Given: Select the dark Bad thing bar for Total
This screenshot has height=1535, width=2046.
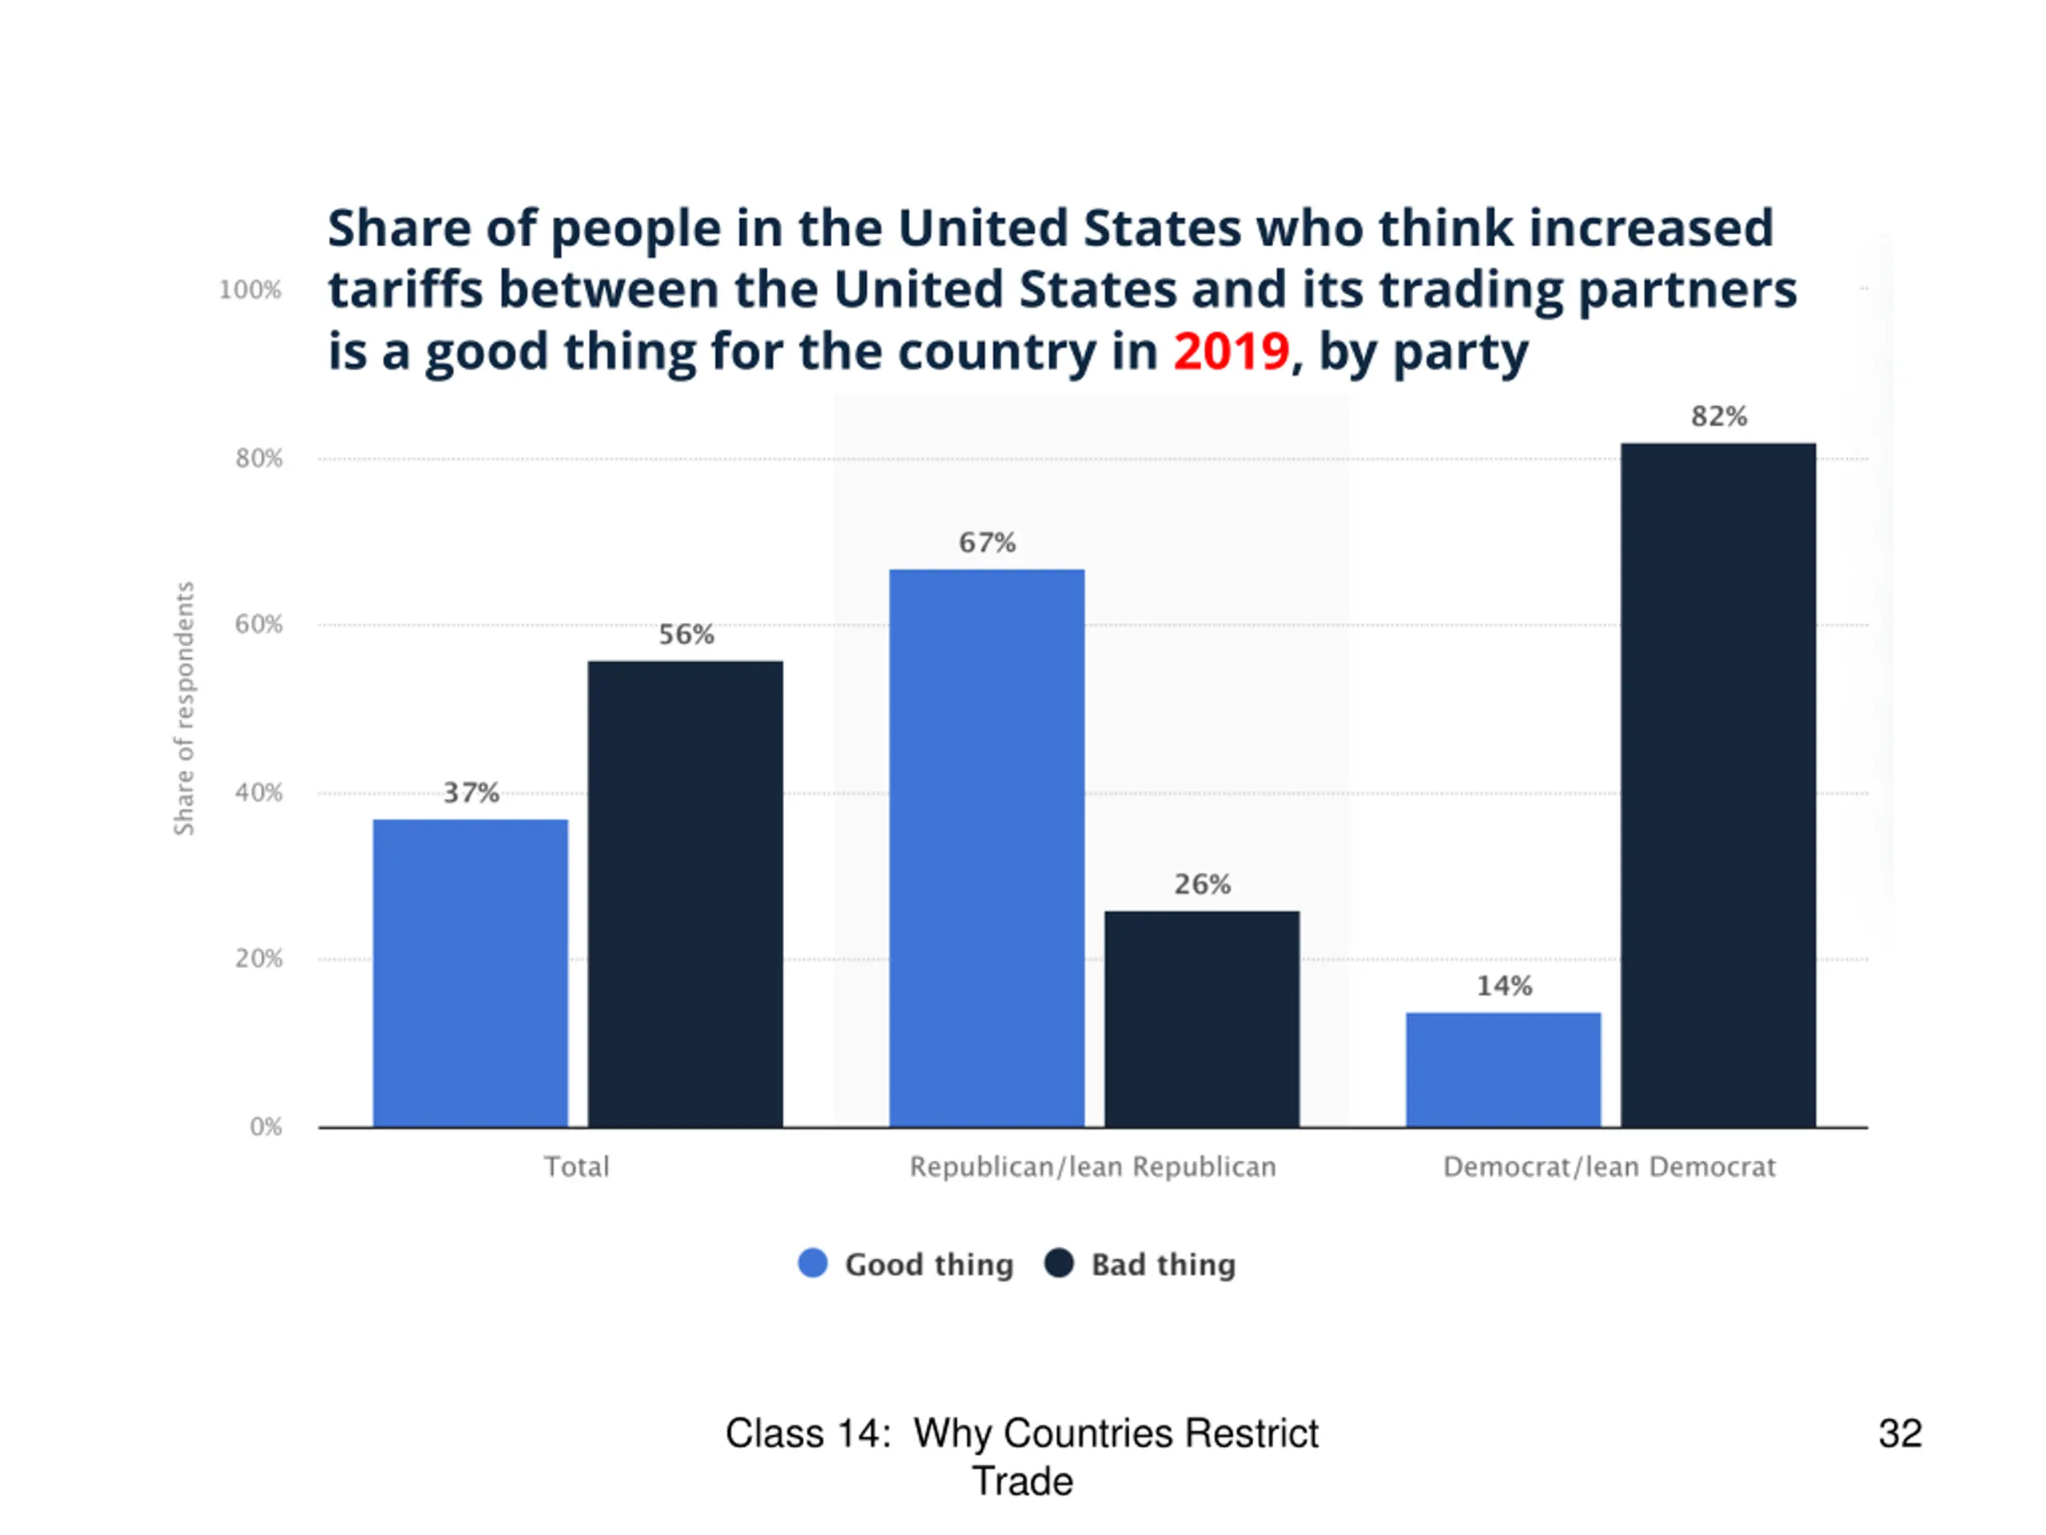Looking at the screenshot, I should pos(686,894).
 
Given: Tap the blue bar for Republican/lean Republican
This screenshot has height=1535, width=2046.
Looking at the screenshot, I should pos(987,847).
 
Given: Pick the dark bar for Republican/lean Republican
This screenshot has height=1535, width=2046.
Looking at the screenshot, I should pos(1201,1019).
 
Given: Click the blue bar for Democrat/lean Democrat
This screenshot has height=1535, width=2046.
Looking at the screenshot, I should pos(1503,1070).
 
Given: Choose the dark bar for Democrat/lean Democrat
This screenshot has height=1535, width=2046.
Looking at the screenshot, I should pos(1718,784).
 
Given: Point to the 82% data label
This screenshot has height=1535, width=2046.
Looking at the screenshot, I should pos(1718,417).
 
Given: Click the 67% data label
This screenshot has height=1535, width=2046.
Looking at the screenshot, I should pos(987,542).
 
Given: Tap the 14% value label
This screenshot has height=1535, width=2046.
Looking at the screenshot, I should pos(1504,986).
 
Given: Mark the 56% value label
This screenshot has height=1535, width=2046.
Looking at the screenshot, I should pos(686,634).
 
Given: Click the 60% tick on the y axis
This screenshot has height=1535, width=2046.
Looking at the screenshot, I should pos(259,624).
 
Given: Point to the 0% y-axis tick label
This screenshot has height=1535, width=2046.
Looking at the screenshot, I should pos(266,1126).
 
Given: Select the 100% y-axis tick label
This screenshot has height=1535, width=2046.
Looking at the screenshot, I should pos(249,290).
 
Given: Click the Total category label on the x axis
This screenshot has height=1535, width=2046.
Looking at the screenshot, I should pos(576,1166).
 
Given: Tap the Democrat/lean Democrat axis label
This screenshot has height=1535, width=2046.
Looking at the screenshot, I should pos(1609,1166).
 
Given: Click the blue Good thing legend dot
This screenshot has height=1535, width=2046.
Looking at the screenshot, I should pos(812,1263).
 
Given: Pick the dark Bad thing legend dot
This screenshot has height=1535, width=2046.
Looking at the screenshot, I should pos(1058,1263).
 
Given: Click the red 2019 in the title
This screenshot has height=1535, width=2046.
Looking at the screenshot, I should pos(1231,352).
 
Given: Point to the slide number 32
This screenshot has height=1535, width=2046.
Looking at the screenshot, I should pos(1900,1433).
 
